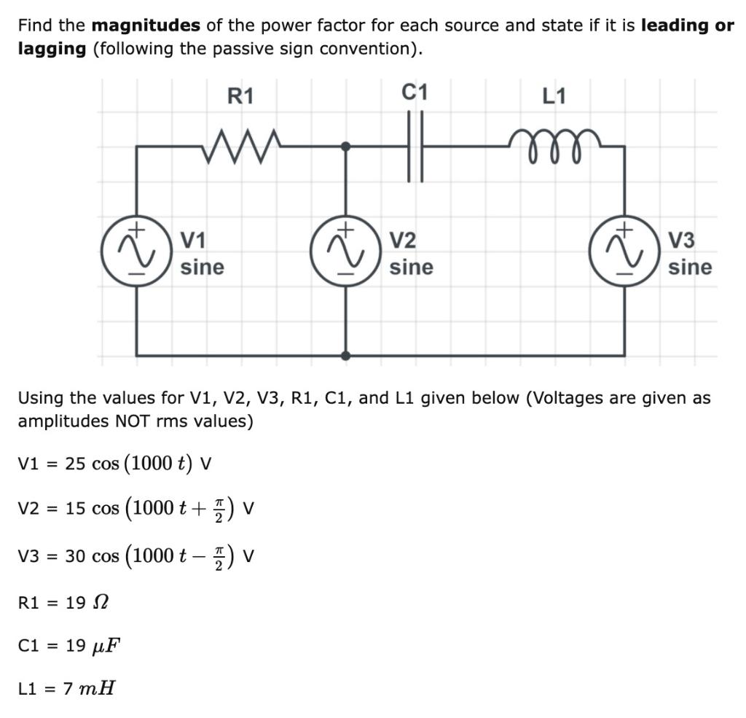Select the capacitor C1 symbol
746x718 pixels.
pos(415,146)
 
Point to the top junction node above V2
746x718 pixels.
pos(345,147)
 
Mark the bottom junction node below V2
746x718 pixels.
pos(345,356)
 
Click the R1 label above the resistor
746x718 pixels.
pos(240,96)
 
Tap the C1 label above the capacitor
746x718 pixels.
pos(415,93)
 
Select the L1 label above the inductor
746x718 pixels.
pos(554,96)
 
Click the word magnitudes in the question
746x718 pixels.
pos(146,26)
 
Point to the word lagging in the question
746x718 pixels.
pos(52,50)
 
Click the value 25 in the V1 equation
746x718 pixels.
pos(75,464)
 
